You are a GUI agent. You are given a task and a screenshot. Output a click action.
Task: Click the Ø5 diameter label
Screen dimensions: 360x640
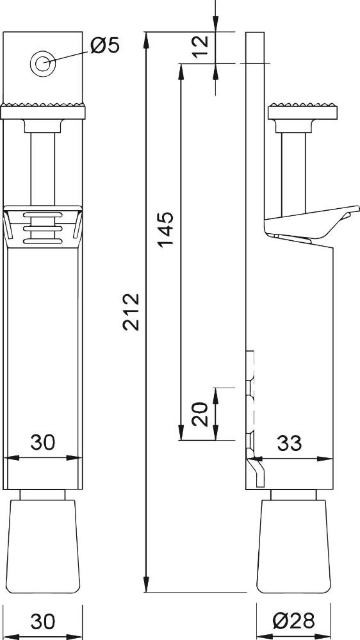105,45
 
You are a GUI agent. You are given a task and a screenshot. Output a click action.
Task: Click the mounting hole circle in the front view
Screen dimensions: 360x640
42,63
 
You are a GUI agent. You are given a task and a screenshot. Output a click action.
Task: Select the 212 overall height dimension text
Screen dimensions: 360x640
131,311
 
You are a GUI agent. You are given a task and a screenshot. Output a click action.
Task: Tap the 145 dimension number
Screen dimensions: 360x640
166,229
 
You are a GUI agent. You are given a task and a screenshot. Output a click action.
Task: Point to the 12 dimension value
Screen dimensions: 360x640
200,47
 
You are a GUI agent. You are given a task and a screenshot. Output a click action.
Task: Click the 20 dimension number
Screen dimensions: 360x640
200,414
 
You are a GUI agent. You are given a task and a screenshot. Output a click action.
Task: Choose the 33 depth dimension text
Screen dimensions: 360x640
290,443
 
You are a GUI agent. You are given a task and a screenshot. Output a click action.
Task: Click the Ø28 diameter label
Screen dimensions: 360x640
293,621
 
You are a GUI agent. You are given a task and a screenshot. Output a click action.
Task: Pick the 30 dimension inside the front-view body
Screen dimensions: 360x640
43,442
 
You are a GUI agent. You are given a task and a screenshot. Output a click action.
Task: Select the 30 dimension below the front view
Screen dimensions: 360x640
43,621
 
